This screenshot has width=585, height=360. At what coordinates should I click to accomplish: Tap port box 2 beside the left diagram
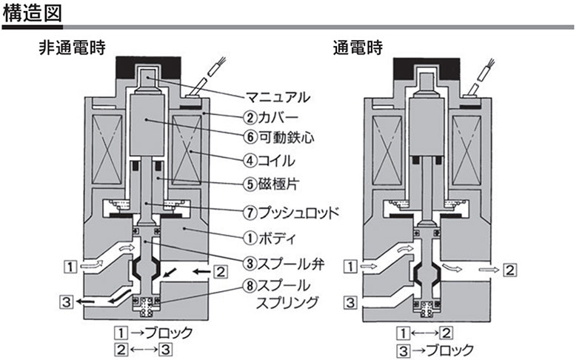click(x=221, y=271)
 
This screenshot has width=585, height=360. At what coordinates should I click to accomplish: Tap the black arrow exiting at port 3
click(x=93, y=301)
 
